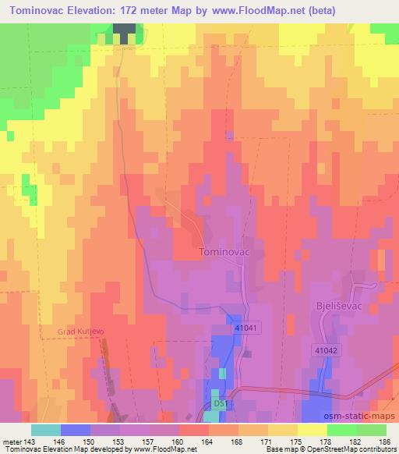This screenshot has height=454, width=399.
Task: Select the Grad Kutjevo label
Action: point(80,331)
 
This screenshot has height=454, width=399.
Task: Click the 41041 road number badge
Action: point(245,330)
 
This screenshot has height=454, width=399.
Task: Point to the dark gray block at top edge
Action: point(124,30)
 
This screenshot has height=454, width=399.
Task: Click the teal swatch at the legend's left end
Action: point(46,429)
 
